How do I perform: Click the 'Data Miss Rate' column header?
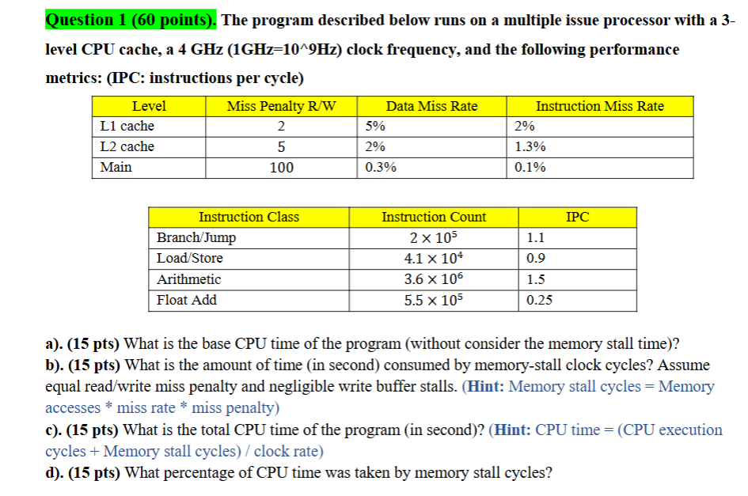tap(431, 106)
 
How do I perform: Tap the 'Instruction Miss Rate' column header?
tap(599, 106)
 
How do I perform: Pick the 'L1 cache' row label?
tap(127, 127)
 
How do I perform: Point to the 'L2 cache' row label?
tap(127, 147)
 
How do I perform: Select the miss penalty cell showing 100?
tap(281, 168)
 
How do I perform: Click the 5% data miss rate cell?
tap(375, 127)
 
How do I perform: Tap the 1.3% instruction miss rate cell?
tap(530, 147)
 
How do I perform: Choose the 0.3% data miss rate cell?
tap(381, 168)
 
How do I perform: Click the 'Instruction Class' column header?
tap(249, 217)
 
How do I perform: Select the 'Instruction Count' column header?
tap(434, 217)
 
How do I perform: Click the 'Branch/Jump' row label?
tap(196, 238)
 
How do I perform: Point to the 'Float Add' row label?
tap(187, 300)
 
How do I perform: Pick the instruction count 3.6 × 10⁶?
tap(434, 279)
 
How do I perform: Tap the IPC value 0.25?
tap(539, 300)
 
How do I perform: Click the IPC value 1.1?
tap(536, 238)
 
